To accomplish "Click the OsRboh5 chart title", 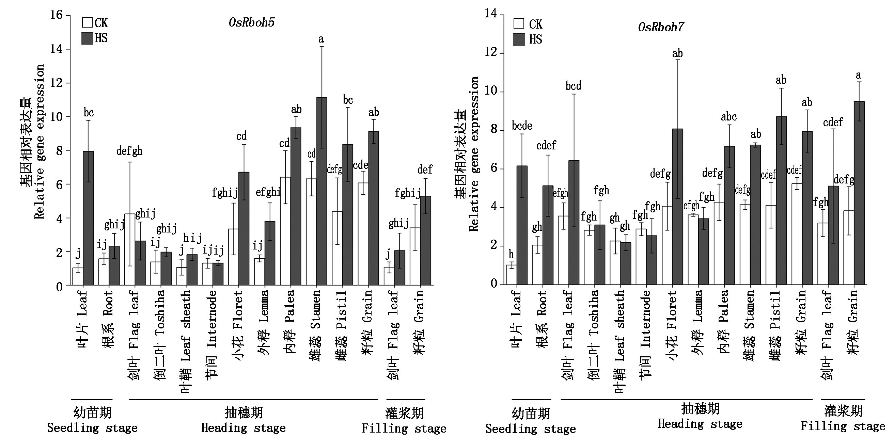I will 252,22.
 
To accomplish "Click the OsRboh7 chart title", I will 661,27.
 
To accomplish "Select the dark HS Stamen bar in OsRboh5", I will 322,191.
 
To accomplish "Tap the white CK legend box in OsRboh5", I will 87,22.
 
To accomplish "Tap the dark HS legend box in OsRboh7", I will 518,39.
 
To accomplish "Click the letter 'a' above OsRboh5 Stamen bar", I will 321,39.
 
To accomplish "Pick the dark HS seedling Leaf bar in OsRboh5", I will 88,218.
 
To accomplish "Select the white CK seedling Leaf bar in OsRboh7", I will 511,275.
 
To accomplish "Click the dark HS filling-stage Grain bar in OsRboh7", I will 859,193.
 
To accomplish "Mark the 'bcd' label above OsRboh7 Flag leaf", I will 573,86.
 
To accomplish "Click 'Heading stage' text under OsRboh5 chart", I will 243,427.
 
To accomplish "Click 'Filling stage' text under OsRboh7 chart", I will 843,425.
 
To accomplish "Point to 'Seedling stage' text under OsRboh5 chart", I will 92,427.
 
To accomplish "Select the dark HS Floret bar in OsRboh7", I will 677,207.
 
